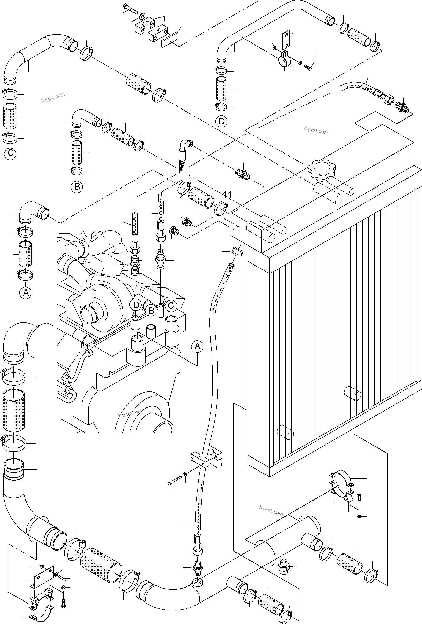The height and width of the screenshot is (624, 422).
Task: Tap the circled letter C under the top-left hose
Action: point(11,153)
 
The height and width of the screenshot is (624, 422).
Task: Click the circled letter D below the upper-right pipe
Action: point(221,121)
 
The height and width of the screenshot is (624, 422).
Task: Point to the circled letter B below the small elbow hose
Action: point(77,186)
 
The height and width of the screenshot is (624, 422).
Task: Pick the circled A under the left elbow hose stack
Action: point(26,293)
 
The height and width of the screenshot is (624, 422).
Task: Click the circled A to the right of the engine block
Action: point(197,346)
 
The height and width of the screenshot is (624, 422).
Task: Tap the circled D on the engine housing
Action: point(136,305)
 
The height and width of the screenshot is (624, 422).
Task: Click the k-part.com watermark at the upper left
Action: point(53,98)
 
